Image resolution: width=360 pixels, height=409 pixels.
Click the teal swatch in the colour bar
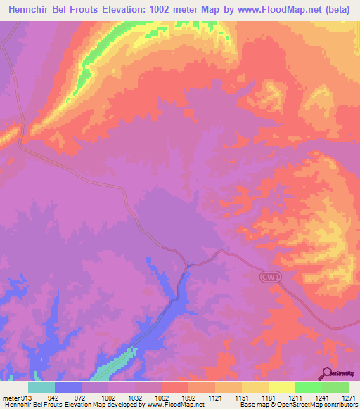pos(41,387)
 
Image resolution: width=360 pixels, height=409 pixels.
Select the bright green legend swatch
pos(309,387)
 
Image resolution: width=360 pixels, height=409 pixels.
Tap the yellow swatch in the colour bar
pos(282,387)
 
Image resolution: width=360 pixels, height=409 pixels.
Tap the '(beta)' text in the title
pos(339,11)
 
